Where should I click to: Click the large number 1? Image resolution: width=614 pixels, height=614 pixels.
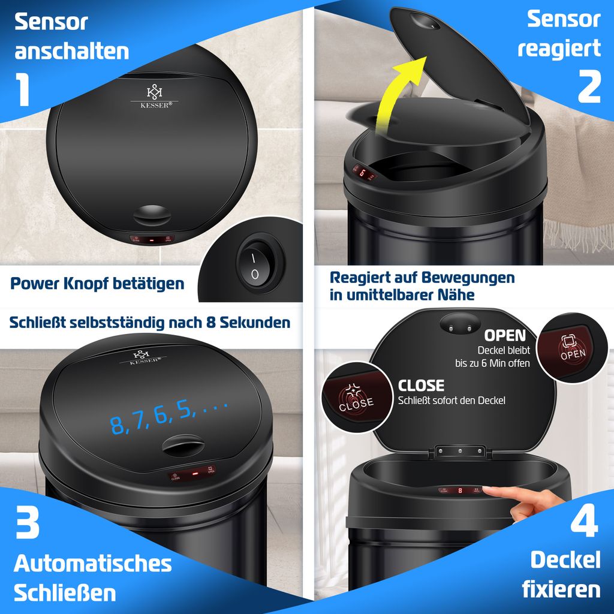click(23, 88)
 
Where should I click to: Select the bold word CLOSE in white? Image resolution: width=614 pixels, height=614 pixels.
click(421, 385)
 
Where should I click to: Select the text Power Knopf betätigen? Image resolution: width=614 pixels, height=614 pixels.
click(97, 283)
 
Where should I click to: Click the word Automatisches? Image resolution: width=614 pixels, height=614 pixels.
click(92, 564)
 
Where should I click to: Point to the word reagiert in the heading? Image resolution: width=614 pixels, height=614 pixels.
click(559, 48)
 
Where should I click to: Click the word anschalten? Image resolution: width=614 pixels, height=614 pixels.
click(72, 51)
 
